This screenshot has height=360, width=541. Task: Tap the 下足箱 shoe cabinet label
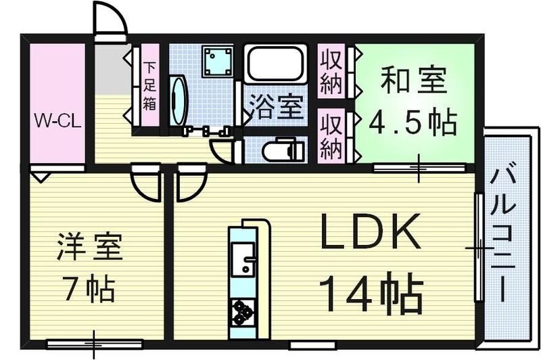click(x=149, y=87)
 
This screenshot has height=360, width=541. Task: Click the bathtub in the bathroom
click(x=276, y=64)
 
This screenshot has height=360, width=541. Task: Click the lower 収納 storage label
click(x=331, y=136)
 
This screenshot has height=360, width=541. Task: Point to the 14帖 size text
click(x=371, y=292)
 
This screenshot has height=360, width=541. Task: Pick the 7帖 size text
click(x=89, y=290)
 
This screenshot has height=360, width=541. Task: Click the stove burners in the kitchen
click(x=241, y=311)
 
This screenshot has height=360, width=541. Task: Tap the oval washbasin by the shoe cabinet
click(x=178, y=102)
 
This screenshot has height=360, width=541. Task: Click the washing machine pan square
click(x=216, y=62)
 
